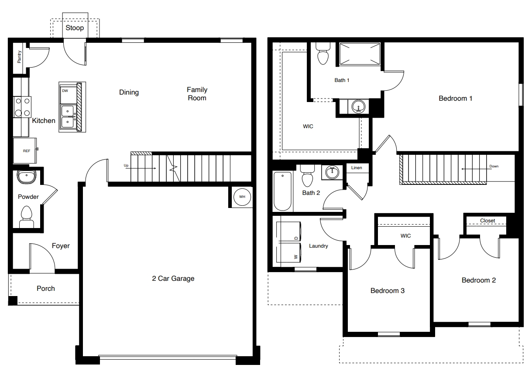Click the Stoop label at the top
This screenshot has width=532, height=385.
pos(75,28)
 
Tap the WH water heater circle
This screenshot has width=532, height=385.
pos(242,197)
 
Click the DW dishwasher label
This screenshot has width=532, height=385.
pos(65,91)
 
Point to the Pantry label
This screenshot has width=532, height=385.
pos(19,56)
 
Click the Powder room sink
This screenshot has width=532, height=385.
pos(27,177)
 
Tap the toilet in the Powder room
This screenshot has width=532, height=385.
pos(27,215)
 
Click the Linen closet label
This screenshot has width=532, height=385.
pos(357,168)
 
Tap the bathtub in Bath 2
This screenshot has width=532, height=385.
pos(283,191)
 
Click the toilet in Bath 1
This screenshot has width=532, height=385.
pos(323,54)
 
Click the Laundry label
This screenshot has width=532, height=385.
pos(318,246)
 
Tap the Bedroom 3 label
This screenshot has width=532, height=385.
pos(387,290)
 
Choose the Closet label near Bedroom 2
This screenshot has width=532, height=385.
pos(487,221)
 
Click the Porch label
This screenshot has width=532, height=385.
pos(46,288)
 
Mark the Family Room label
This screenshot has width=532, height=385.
pos(197,94)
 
